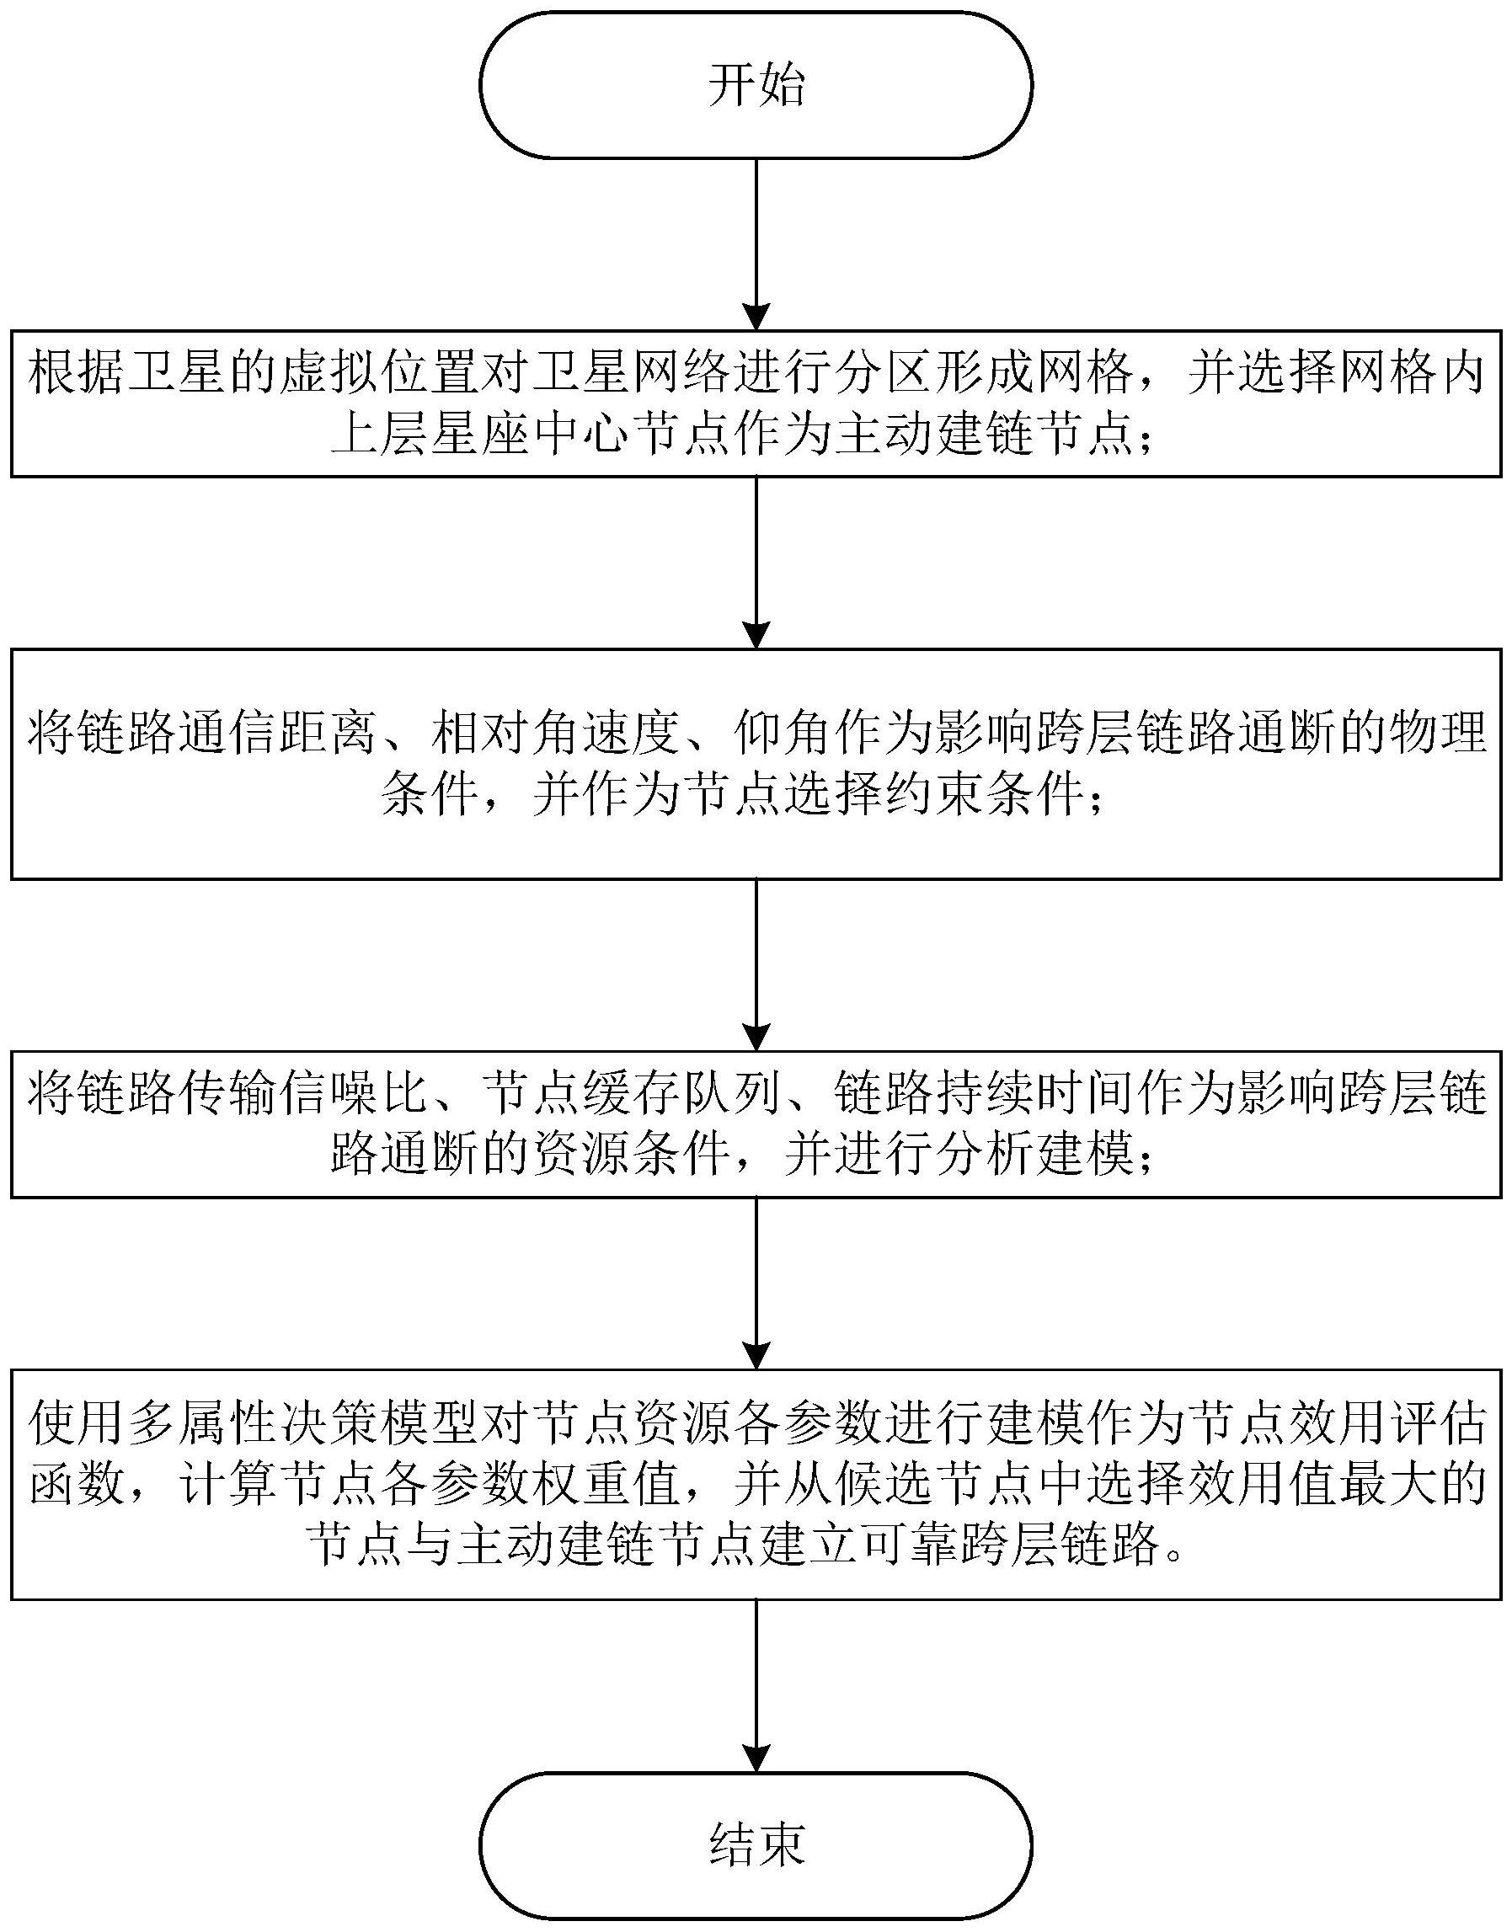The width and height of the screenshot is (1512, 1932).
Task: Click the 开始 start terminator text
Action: point(756,86)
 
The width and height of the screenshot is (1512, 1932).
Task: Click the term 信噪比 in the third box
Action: point(331,1095)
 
